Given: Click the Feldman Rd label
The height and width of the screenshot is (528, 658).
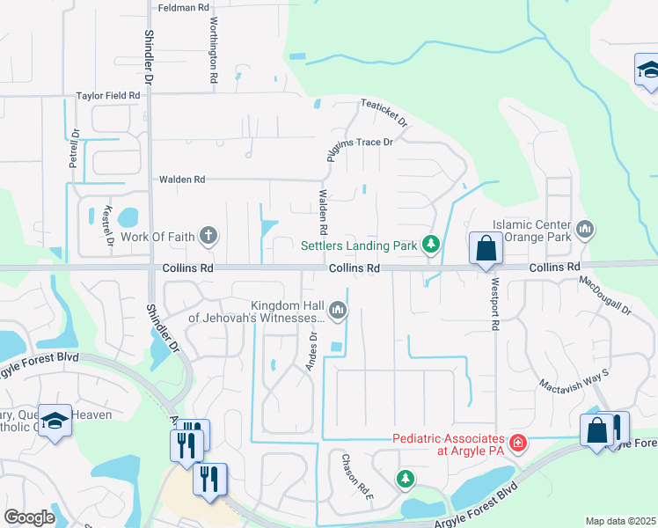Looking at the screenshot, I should tap(184, 7).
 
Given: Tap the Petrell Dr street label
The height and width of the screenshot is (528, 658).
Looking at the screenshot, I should tap(75, 150).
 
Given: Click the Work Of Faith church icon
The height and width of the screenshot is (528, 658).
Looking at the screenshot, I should tap(208, 235).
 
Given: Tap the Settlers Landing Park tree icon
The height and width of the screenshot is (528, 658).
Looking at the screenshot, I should tap(430, 245).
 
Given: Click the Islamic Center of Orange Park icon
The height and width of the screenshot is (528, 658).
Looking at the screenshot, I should tap(586, 231).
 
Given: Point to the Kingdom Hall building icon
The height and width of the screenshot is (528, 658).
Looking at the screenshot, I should tap(337, 310).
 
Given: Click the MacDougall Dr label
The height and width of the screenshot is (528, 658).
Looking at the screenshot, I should tap(605, 296).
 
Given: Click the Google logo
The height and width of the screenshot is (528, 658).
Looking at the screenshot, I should tap(30, 517).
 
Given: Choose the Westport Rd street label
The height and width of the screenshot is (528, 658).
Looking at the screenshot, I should tap(494, 304).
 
